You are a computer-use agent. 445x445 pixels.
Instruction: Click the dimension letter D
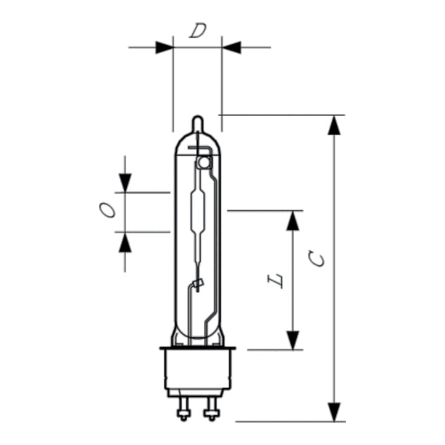tap(198, 31)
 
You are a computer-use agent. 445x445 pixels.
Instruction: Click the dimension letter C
tap(316, 258)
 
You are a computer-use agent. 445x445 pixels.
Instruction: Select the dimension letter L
tap(276, 281)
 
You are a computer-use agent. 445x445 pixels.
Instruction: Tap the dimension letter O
tap(108, 210)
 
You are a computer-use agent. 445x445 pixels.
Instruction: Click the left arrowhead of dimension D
tap(164, 48)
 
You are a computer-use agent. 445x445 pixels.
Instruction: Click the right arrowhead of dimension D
tap(231, 48)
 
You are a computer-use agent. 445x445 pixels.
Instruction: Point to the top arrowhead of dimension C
tap(334, 125)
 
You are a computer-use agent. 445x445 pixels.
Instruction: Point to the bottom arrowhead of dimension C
tap(334, 412)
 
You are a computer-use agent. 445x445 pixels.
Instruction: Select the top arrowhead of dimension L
tap(292, 221)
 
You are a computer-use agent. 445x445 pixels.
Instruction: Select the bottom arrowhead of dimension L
tap(292, 341)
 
